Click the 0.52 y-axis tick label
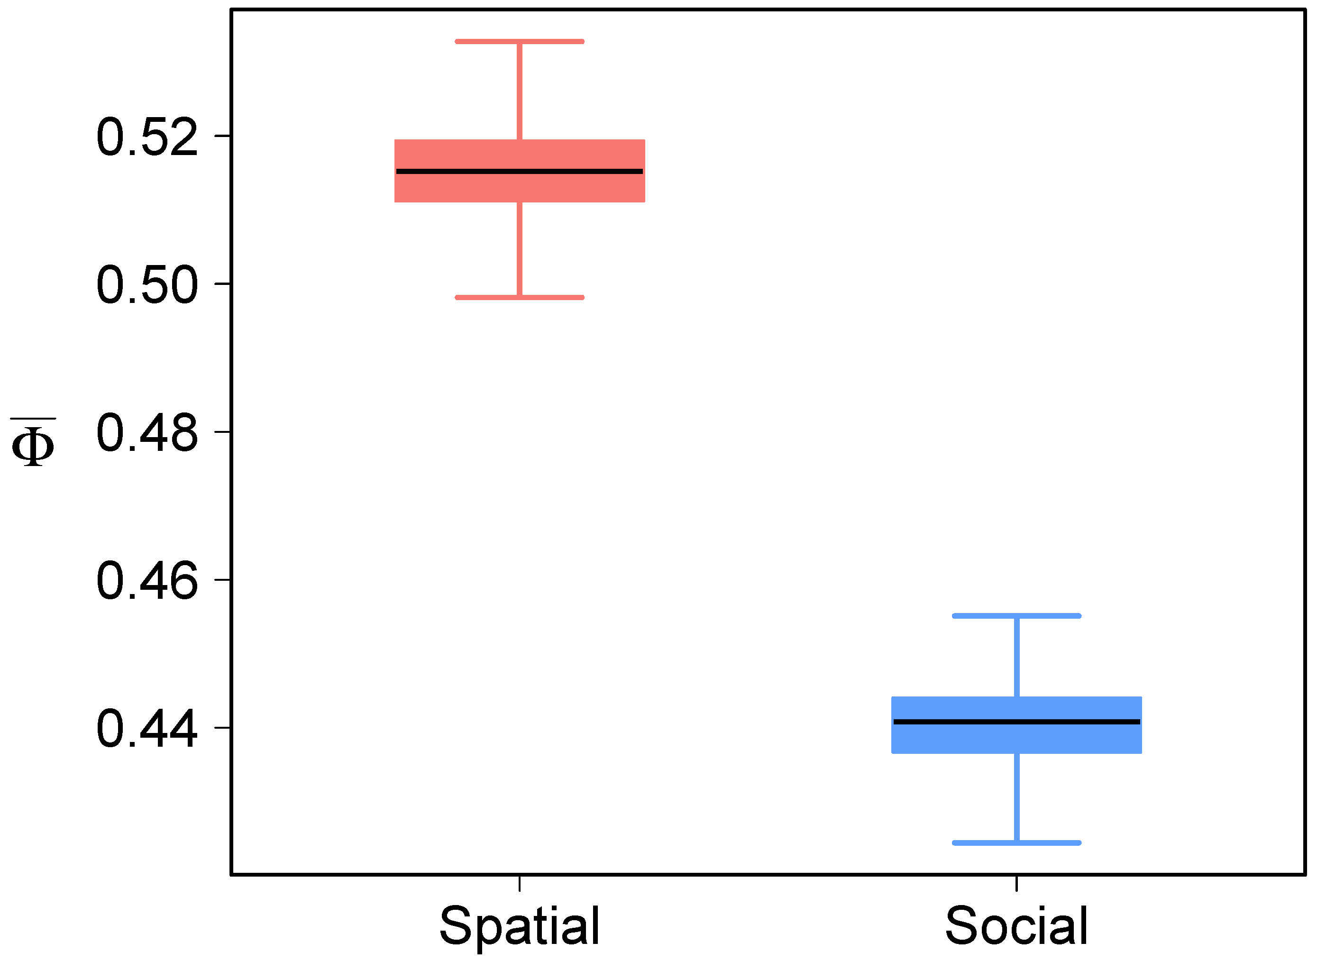pyautogui.click(x=146, y=137)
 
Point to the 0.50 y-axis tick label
pyautogui.click(x=146, y=284)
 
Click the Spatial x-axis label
pyautogui.click(x=520, y=926)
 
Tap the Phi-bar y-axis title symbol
pyautogui.click(x=33, y=443)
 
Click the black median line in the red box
pyautogui.click(x=520, y=172)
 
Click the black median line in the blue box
pyautogui.click(x=1016, y=722)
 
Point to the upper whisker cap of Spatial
pyautogui.click(x=520, y=42)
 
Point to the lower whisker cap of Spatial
pyautogui.click(x=520, y=297)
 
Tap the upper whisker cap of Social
pyautogui.click(x=1016, y=615)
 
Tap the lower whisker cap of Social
pyautogui.click(x=1016, y=843)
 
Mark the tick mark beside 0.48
pyautogui.click(x=223, y=431)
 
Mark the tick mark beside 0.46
pyautogui.click(x=223, y=579)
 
